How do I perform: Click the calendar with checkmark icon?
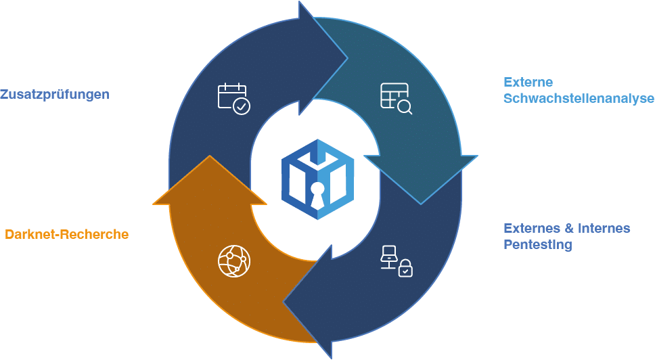[233, 98]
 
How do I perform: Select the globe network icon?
[234, 261]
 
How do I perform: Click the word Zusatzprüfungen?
[55, 94]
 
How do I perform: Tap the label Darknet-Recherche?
[66, 235]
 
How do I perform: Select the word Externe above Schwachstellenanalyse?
[528, 82]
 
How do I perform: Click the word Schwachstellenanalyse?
[579, 98]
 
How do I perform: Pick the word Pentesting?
[537, 244]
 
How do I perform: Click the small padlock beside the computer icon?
[405, 269]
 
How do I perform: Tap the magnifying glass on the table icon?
[405, 107]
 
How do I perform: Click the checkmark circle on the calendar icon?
[241, 106]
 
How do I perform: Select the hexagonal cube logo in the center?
[317, 179]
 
